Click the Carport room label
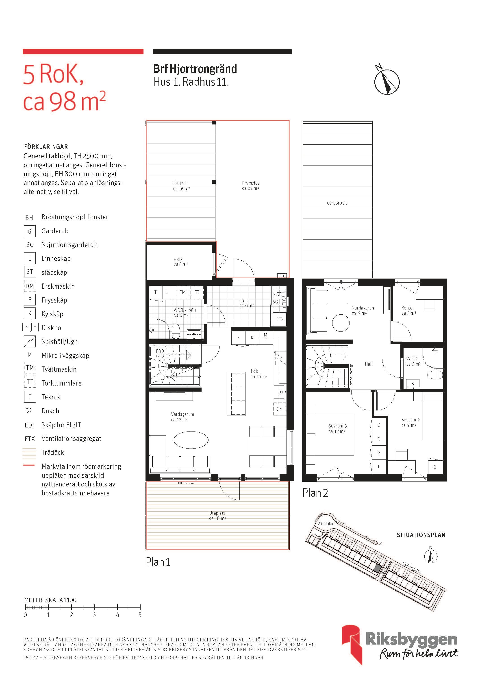(180, 183)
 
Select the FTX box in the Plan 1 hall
(280, 320)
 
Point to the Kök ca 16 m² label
(259, 374)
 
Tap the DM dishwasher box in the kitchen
(280, 409)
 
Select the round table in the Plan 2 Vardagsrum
(341, 322)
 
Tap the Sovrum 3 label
(337, 426)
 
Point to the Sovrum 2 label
(410, 420)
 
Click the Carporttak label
(337, 203)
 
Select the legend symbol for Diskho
(30, 327)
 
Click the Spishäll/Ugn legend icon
(30, 341)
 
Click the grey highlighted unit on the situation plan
(377, 569)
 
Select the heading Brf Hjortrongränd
(195, 69)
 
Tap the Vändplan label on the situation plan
(326, 524)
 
